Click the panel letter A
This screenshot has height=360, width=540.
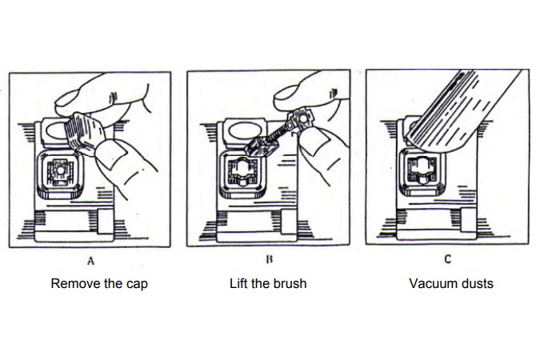coord(90,261)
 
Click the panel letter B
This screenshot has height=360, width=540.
coord(270,259)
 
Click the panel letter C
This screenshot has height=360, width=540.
coord(448,259)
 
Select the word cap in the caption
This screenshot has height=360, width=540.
coord(138,285)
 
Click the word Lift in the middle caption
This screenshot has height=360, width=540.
coord(238,283)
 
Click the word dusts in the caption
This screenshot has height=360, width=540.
coord(479,283)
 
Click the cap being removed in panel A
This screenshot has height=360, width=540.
coord(83,133)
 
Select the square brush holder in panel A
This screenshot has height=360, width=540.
coord(60,174)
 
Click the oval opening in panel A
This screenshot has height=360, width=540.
coord(57,131)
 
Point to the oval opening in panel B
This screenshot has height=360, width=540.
coord(244,131)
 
